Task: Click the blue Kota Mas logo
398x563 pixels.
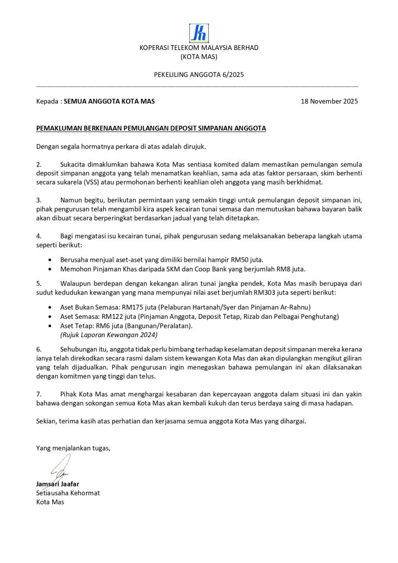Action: pos(198,33)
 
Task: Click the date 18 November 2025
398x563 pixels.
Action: pos(329,102)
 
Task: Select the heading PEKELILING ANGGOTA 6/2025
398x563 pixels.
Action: pos(198,75)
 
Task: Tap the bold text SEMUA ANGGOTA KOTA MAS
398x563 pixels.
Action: pos(109,102)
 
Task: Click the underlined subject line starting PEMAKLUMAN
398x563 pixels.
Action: pos(151,128)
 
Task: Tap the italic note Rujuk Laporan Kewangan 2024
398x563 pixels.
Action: pos(109,335)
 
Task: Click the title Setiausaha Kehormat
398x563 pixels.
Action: pos(68,493)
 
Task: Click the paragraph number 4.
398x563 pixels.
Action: pos(38,236)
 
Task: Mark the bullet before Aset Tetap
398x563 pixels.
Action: pos(51,326)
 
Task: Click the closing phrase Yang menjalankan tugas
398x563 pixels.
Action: pos(73,448)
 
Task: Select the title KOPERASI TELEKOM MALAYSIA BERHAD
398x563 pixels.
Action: pos(199,48)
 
